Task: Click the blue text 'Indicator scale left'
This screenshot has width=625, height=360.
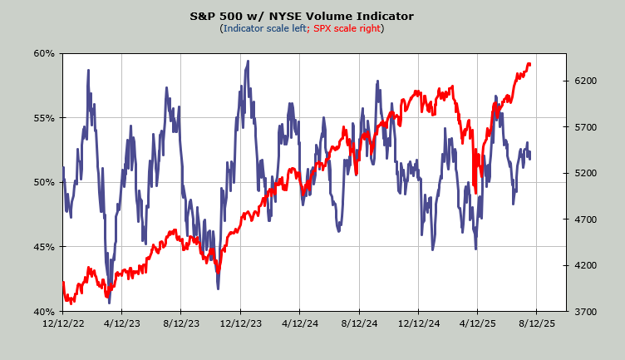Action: click(264, 28)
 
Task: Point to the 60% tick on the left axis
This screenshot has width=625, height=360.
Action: click(44, 53)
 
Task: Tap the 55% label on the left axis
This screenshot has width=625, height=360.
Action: click(44, 118)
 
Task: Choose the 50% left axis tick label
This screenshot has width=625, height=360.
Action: click(44, 182)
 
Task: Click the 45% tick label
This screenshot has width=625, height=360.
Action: click(44, 247)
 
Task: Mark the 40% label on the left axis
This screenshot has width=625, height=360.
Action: click(44, 312)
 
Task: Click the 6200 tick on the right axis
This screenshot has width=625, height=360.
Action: click(586, 81)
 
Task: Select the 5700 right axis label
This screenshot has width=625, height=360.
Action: click(586, 127)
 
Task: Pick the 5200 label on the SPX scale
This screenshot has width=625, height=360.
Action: click(586, 173)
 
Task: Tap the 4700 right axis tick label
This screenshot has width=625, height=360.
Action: click(586, 219)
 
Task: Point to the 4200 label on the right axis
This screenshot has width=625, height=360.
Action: click(586, 265)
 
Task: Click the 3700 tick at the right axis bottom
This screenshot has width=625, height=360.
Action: click(586, 312)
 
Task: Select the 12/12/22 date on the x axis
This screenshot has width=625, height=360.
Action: click(63, 324)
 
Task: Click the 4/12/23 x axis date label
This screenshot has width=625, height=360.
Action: click(122, 324)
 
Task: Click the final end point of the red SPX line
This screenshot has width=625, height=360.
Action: click(530, 64)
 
